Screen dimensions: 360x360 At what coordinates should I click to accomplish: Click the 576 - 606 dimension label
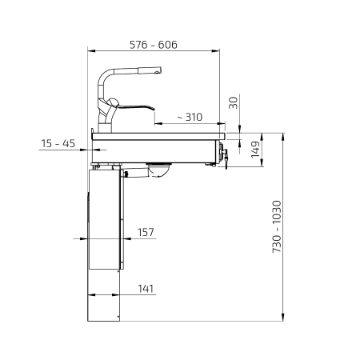pyautogui.click(x=154, y=45)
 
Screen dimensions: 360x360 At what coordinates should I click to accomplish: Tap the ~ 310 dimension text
pyautogui.click(x=190, y=117)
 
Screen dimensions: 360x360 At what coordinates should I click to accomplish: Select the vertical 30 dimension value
pyautogui.click(x=234, y=102)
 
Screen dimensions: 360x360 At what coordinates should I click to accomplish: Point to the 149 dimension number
pyautogui.click(x=255, y=150)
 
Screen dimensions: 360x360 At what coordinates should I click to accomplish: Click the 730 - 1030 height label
pyautogui.click(x=277, y=226)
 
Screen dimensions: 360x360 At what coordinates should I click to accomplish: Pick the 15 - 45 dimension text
pyautogui.click(x=58, y=143)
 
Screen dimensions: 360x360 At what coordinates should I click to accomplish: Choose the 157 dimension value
pyautogui.click(x=146, y=232)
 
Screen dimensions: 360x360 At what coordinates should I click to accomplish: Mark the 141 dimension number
pyautogui.click(x=146, y=289)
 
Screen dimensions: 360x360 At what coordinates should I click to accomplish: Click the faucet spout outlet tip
pyautogui.click(x=158, y=70)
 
